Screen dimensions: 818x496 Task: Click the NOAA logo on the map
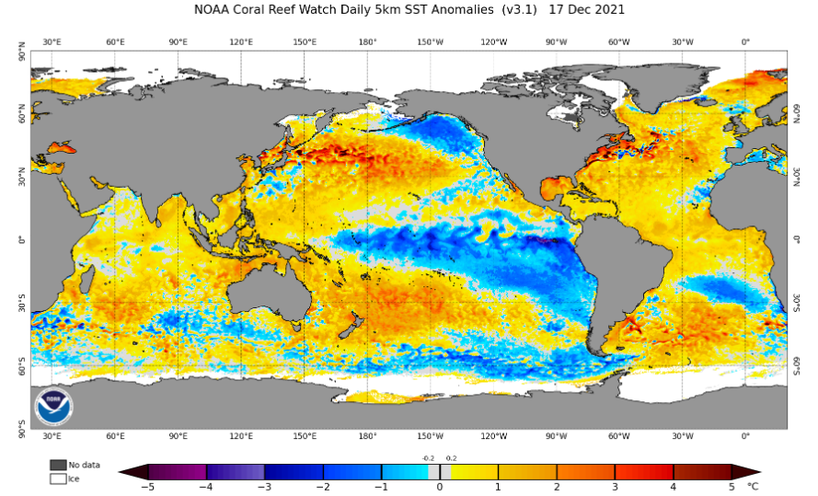[x=53, y=407]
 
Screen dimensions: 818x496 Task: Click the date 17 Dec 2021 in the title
[x=586, y=10]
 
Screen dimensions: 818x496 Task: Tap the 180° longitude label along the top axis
[x=367, y=42]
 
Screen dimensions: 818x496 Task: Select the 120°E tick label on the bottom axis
[x=241, y=436]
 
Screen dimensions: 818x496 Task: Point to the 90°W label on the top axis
[x=556, y=42]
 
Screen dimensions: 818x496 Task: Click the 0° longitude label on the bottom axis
[x=745, y=436]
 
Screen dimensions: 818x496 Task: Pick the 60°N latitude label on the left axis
[x=22, y=113]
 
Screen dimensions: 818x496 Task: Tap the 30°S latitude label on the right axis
[x=797, y=303]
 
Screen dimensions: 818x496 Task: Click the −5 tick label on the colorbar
[x=149, y=487]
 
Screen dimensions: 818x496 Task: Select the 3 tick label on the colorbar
[x=615, y=487]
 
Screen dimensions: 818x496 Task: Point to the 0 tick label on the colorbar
[x=440, y=487]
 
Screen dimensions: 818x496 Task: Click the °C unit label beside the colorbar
[x=752, y=487]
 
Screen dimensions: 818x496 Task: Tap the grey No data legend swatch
[x=58, y=465]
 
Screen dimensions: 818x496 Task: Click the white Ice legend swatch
[x=58, y=479]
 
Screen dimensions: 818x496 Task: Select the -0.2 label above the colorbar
[x=428, y=458]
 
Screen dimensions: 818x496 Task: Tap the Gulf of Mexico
[x=555, y=189]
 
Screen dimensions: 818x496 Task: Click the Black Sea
[x=62, y=147]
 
